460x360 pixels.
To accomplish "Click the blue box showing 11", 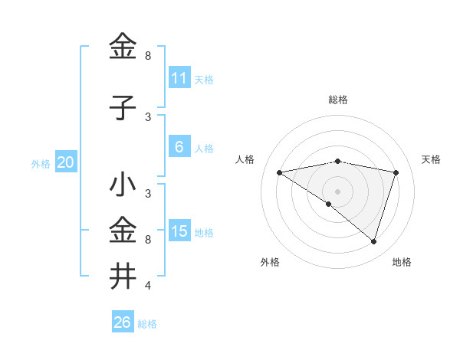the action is tap(179, 78).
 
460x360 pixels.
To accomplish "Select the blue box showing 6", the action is tap(179, 147).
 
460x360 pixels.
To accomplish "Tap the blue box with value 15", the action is tap(179, 231).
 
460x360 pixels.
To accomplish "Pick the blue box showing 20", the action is tap(66, 162).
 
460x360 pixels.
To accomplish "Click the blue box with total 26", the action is tap(123, 322).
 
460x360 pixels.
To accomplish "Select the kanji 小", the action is tap(123, 185).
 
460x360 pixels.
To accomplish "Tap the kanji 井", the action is tap(123, 277).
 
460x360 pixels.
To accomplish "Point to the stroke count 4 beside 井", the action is tap(147, 286).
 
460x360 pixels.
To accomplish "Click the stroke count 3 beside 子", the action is tap(147, 117).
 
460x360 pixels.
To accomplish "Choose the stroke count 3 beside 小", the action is tap(147, 194).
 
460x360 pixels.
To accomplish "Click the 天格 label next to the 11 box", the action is tap(204, 79).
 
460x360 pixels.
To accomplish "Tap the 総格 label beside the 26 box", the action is tap(147, 323).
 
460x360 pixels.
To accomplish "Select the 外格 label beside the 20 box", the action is tap(41, 163).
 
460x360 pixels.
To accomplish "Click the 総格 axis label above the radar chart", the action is tap(337, 100).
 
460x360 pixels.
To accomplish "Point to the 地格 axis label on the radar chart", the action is tap(402, 263).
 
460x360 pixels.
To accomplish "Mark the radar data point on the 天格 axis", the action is tap(396, 172).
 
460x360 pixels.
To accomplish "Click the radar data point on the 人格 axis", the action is tap(279, 172).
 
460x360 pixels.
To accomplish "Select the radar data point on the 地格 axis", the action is tap(373, 241).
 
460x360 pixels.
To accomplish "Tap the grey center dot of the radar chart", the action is tap(337, 191).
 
